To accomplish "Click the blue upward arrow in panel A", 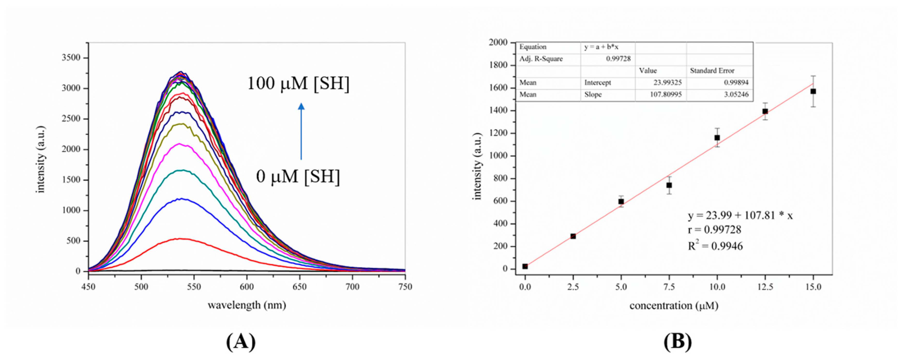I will [x=301, y=131].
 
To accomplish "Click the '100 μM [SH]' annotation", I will [x=298, y=84].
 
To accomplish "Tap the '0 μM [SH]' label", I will [x=298, y=176].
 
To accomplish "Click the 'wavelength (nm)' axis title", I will [x=247, y=305].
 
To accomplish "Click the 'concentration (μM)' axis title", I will [x=674, y=306].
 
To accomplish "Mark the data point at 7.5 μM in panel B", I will [x=669, y=185].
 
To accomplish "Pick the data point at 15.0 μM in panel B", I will [x=813, y=91].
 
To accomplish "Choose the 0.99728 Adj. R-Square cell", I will [x=618, y=59].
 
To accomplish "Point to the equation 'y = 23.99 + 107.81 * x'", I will [x=740, y=215].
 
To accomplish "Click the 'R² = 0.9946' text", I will [x=715, y=246].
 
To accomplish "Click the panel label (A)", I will [x=241, y=341].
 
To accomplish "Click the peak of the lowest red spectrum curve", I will [x=180, y=239].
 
